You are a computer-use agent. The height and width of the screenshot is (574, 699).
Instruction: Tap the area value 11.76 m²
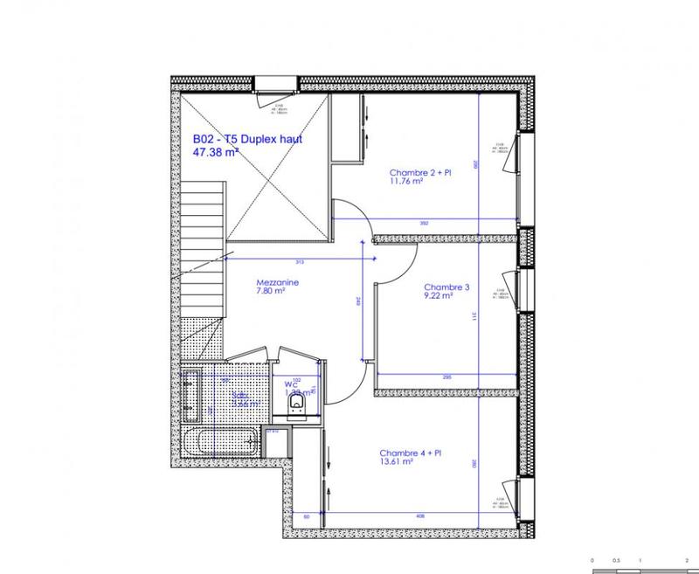point(406,183)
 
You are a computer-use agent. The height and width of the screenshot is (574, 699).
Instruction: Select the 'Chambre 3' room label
point(446,287)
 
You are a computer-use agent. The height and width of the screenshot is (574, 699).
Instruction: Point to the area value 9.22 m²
point(438,296)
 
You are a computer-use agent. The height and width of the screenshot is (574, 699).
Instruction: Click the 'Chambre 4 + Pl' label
point(411,453)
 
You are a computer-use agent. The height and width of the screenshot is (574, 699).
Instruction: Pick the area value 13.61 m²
point(396,462)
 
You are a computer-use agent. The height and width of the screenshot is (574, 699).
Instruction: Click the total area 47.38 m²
point(215,151)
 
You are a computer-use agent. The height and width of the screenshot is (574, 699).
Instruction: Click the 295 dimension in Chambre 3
point(446,377)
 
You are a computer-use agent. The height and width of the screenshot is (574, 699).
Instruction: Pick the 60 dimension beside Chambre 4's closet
point(308,516)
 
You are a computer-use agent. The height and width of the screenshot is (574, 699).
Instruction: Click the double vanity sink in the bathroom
point(191,398)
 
